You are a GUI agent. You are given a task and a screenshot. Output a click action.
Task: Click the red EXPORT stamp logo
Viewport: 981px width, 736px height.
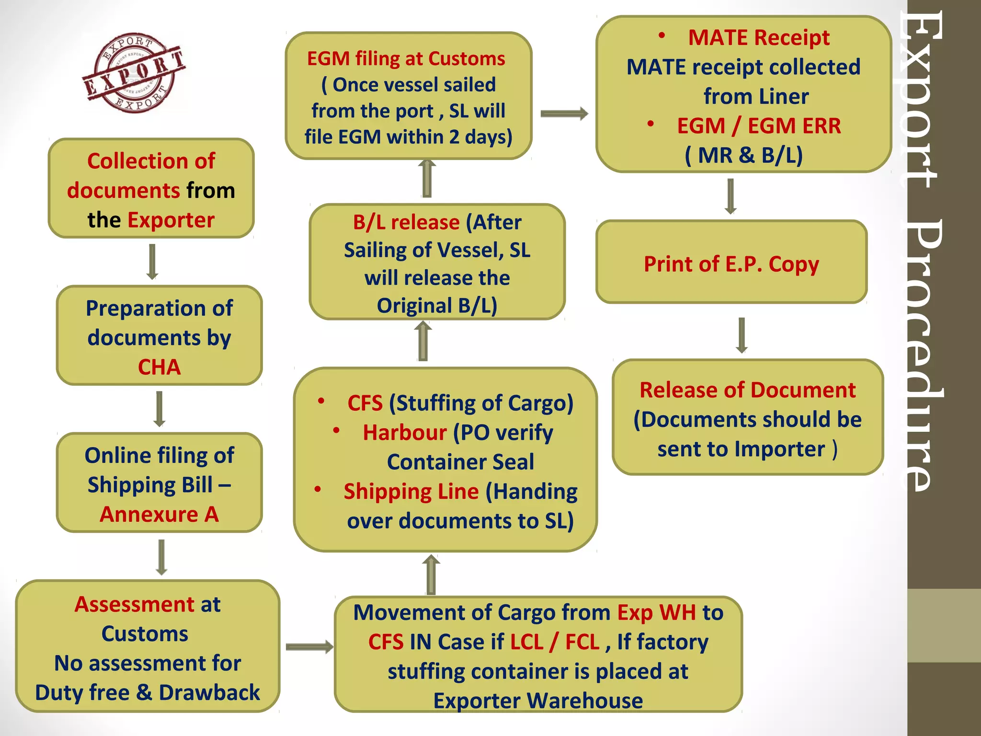[x=135, y=73]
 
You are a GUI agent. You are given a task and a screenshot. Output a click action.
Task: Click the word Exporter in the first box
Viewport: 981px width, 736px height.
[x=171, y=220]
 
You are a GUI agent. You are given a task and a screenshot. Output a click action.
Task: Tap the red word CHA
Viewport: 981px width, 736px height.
[x=159, y=367]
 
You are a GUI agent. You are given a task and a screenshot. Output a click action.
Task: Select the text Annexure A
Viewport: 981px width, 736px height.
[x=159, y=514]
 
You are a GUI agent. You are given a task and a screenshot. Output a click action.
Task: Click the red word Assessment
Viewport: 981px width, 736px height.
[x=134, y=604]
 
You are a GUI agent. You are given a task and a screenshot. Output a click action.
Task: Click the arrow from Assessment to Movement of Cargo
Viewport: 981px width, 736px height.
[x=309, y=647]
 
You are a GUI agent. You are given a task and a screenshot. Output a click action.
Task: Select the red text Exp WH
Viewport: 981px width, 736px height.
[x=656, y=612]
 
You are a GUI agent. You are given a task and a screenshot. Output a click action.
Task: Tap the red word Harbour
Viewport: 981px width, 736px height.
[x=405, y=432]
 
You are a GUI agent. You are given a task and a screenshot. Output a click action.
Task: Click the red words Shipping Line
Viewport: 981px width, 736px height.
[x=411, y=492]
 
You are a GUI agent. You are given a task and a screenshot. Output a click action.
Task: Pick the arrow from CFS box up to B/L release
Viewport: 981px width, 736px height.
[x=423, y=341]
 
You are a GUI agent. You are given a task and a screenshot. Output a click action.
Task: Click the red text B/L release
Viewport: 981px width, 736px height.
[x=406, y=222]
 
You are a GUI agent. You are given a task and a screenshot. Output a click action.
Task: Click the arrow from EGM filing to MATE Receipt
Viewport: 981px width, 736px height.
[x=564, y=114]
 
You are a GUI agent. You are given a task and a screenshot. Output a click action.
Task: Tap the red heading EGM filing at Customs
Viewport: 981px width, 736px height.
[x=406, y=58]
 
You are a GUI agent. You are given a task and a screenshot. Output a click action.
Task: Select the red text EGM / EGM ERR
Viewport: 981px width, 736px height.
[x=759, y=126]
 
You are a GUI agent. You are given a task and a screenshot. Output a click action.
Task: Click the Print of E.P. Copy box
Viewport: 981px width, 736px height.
[x=731, y=263]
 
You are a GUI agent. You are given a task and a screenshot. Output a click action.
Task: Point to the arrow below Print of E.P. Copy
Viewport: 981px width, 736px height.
[x=741, y=335]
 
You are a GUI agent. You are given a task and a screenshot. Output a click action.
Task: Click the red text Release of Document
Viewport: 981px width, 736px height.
[x=747, y=390]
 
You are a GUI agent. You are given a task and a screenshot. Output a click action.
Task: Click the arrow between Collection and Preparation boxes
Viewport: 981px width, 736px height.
[x=152, y=262]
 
